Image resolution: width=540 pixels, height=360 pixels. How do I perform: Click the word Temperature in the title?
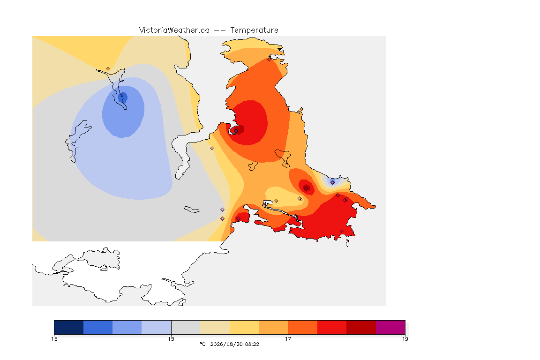click(x=254, y=30)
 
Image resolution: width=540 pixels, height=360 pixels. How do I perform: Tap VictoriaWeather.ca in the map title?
click(x=174, y=30)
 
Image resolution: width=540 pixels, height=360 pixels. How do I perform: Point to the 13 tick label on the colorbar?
click(x=54, y=339)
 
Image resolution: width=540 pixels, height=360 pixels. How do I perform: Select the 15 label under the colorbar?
click(x=171, y=339)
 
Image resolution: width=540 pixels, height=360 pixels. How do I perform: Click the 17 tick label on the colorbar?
click(x=288, y=339)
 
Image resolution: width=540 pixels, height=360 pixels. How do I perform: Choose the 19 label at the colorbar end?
click(x=405, y=339)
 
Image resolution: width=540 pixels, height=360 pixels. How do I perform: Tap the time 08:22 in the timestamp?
click(x=252, y=344)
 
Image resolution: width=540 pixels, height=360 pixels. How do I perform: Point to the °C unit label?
click(x=203, y=344)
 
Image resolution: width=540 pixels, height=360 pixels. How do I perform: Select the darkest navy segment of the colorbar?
click(x=69, y=327)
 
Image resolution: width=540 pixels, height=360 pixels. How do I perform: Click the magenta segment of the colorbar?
click(x=390, y=327)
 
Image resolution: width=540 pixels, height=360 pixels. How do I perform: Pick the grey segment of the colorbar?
click(x=186, y=327)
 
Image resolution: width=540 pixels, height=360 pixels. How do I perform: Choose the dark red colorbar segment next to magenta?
click(x=361, y=327)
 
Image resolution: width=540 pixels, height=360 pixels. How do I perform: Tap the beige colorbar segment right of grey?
click(x=215, y=327)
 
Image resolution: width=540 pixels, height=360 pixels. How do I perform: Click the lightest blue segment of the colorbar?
click(x=157, y=327)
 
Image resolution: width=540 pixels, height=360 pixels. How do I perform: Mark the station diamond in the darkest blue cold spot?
click(x=122, y=94)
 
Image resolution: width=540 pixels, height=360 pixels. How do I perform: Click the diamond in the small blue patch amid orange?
click(x=332, y=182)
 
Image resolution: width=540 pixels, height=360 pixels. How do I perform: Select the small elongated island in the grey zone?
click(x=192, y=210)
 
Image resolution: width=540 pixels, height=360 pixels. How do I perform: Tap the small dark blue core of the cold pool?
click(x=123, y=98)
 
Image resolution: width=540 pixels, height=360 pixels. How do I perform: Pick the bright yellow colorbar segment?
click(x=244, y=327)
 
